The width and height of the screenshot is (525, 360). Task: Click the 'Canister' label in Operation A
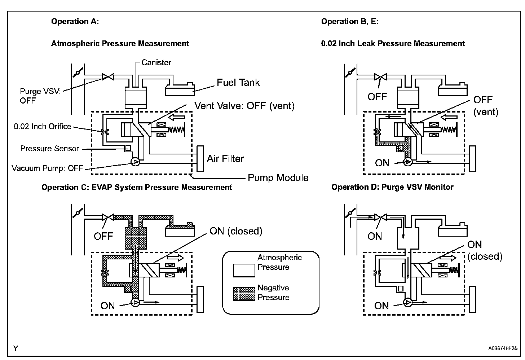click(156, 63)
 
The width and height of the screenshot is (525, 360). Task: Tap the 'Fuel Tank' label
click(238, 83)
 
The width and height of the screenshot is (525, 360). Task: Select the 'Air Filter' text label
click(225, 159)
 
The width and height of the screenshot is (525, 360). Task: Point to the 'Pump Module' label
click(278, 178)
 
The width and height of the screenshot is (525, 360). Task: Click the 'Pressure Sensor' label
click(49, 149)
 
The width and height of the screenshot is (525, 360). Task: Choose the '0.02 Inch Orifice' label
click(43, 126)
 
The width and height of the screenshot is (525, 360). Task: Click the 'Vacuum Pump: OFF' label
click(47, 168)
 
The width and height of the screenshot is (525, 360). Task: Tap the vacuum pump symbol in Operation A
click(135, 162)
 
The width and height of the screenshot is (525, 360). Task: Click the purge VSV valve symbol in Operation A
click(108, 77)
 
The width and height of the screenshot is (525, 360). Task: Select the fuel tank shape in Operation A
click(180, 89)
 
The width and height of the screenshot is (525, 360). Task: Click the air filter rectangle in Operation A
click(200, 159)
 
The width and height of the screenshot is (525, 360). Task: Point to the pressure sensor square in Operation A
click(128, 148)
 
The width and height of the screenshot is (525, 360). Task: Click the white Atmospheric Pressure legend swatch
click(244, 271)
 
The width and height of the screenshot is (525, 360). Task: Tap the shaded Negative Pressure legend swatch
click(244, 294)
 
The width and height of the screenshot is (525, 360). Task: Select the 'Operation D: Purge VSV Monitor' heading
click(392, 187)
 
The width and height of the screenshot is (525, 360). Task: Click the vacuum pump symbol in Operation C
click(135, 302)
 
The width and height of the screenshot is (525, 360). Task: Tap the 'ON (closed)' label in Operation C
click(236, 231)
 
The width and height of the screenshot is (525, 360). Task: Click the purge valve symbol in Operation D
click(381, 217)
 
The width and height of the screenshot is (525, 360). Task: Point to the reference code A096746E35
click(503, 348)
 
